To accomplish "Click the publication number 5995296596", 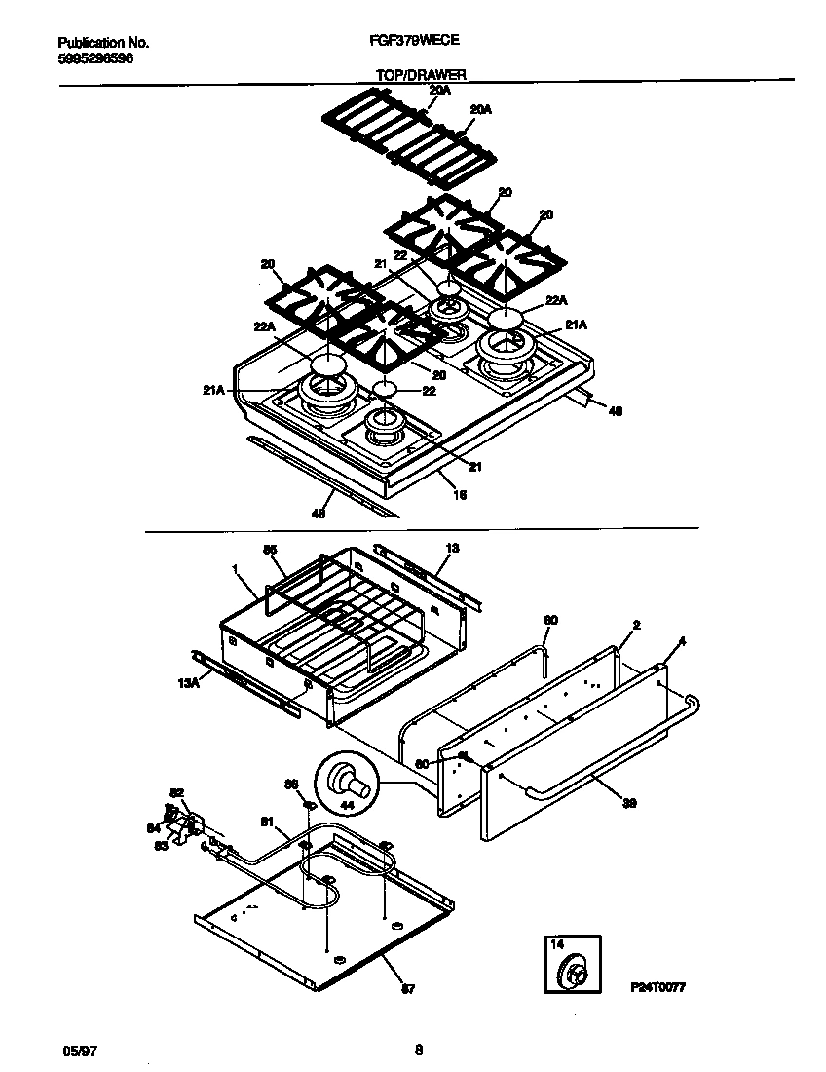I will pos(95,58).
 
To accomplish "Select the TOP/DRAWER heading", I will pos(421,74).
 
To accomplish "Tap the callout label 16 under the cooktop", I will pos(461,495).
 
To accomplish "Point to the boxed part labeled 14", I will pos(572,966).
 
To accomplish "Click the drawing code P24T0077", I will pos(666,987).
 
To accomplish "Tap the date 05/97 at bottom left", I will pos(77,1050).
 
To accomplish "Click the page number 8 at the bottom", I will pos(418,1050).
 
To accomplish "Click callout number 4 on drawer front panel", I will pos(682,641).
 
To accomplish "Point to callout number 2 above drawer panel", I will pos(636,625).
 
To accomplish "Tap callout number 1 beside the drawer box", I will pos(235,568).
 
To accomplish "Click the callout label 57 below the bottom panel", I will pos(408,989).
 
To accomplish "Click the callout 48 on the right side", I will pos(615,411).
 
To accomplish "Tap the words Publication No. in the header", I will pos(103,43).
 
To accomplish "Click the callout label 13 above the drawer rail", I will pos(451,549).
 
